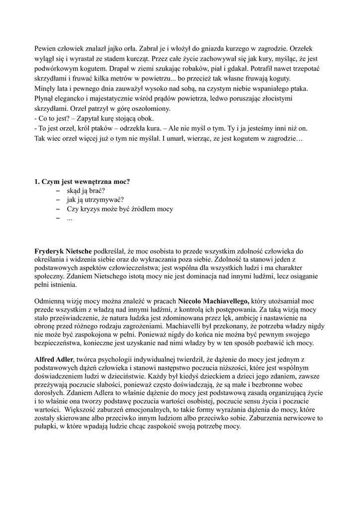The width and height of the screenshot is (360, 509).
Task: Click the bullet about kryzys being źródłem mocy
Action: coord(119,209)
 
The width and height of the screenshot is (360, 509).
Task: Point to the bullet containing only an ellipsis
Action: coord(70,219)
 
